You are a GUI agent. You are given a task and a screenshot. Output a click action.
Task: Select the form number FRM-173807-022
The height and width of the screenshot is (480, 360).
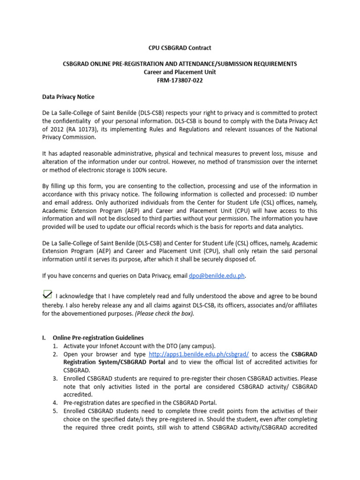[x=180, y=81]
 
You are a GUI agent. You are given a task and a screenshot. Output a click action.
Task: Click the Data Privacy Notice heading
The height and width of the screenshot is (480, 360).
[x=68, y=97]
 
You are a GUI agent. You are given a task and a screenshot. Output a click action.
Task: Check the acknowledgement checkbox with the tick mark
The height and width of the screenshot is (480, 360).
[x=47, y=294]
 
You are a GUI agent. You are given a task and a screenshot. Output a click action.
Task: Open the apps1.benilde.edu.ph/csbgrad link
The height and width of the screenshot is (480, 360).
[x=199, y=354]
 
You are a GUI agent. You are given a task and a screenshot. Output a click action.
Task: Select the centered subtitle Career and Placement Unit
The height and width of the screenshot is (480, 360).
[x=180, y=72]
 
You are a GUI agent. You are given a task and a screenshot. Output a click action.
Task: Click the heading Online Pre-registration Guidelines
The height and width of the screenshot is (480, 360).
[x=98, y=337]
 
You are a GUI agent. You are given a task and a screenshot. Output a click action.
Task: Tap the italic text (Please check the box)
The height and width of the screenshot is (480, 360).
[x=165, y=314]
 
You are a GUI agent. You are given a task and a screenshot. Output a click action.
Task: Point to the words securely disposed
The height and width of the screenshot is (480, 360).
[x=222, y=259]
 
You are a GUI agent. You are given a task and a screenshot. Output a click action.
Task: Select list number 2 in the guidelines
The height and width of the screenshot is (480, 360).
[x=55, y=354]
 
